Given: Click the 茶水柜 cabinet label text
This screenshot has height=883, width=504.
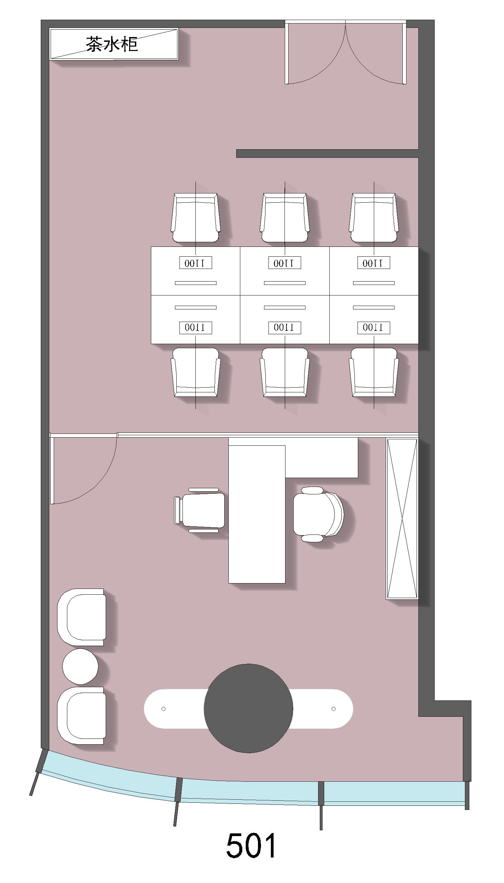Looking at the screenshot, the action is (x=112, y=44).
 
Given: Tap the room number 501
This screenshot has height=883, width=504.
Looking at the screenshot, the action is (x=251, y=845).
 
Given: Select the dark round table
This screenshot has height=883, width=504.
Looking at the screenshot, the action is (x=248, y=708).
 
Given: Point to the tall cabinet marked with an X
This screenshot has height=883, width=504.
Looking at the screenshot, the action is (x=402, y=519).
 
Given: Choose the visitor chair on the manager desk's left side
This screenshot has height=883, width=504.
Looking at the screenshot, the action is (x=200, y=510).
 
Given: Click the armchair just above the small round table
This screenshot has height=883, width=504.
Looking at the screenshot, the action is (x=82, y=617).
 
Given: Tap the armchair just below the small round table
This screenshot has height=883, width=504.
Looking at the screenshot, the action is (x=82, y=716).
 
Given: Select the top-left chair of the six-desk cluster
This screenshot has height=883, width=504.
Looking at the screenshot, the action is (x=195, y=218).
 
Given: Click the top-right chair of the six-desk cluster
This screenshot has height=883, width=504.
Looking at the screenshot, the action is (x=374, y=218).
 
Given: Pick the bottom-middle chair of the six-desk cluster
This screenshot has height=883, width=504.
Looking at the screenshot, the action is (x=285, y=372).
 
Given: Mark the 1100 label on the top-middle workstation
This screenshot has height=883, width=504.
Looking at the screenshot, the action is (x=284, y=263).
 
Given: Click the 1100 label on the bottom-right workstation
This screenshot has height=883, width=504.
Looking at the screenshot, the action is (x=373, y=327).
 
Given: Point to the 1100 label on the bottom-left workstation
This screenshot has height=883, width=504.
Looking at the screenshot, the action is (x=195, y=327).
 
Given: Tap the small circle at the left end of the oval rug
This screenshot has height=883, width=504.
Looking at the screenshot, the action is (x=163, y=709).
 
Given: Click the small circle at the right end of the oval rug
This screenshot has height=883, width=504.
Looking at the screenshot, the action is (x=334, y=709).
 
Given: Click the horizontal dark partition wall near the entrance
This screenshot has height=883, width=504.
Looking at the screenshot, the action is (x=328, y=153).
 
